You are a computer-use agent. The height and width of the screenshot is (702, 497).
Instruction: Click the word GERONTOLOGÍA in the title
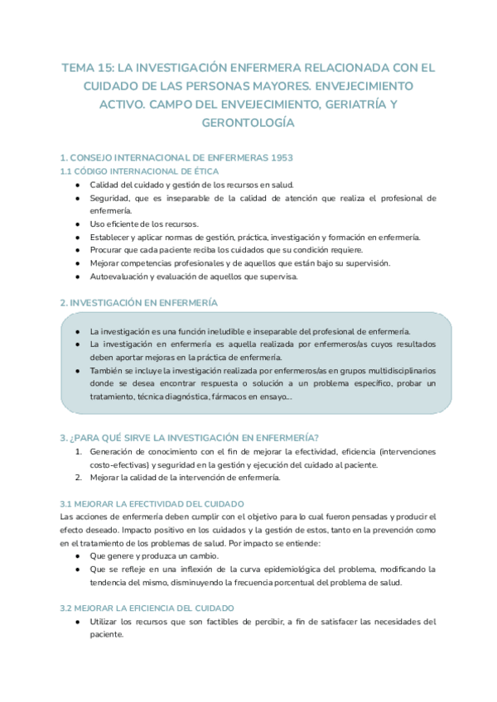pyautogui.click(x=248, y=123)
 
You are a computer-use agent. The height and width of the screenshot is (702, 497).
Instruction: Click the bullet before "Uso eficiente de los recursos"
pyautogui.click(x=77, y=224)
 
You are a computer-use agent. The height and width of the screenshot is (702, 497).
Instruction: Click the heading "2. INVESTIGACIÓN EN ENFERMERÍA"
pyautogui.click(x=139, y=303)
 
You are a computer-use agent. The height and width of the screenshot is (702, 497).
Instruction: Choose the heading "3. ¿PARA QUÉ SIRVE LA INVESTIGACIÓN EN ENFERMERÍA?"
pyautogui.click(x=190, y=437)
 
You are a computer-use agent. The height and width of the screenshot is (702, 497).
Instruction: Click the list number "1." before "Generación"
pyautogui.click(x=79, y=451)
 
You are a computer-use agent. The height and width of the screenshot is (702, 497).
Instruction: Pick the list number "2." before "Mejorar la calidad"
pyautogui.click(x=79, y=478)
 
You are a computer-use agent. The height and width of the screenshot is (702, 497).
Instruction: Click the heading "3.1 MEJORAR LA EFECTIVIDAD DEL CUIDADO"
pyautogui.click(x=151, y=503)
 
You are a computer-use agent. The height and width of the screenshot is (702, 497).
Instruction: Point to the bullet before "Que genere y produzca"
pyautogui.click(x=77, y=556)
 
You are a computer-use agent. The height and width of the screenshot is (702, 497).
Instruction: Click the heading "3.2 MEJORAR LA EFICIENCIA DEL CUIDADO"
pyautogui.click(x=147, y=608)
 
